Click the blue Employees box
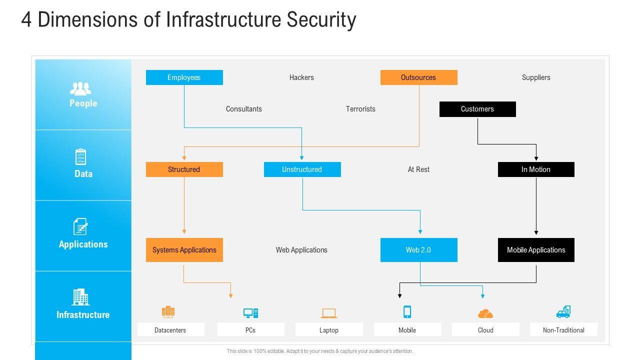point(184,77)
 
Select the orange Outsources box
point(418,77)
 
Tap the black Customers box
point(477,109)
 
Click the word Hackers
point(301,77)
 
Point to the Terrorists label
point(360,109)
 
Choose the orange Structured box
point(184,169)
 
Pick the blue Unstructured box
point(302,169)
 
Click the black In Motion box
point(536,169)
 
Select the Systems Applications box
point(184,250)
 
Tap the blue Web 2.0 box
point(418,250)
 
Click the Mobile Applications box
point(536,250)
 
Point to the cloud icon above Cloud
point(485,313)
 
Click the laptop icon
point(329,313)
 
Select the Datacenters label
point(170,330)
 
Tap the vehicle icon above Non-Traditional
point(563,312)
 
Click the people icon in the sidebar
point(80,89)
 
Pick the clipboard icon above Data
point(80,156)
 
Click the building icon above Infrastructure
point(80,297)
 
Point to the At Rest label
point(418,169)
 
